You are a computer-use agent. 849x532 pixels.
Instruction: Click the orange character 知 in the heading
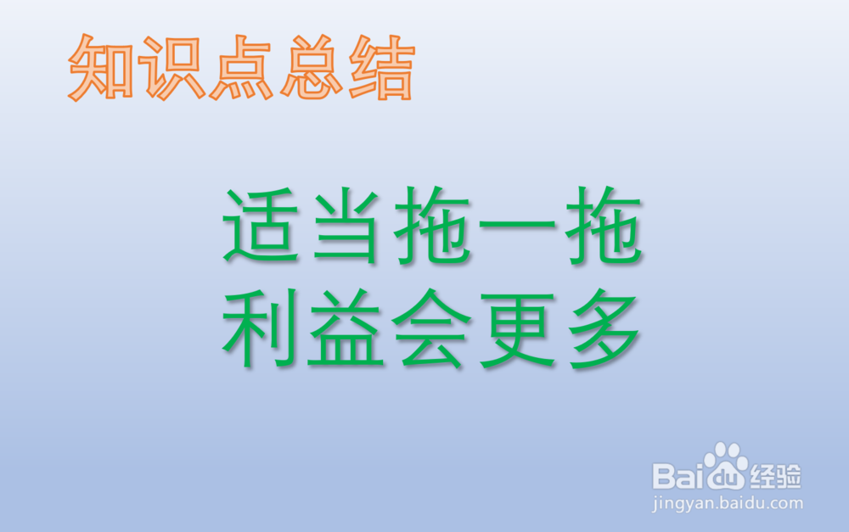click(101, 67)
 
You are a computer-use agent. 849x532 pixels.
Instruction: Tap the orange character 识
click(171, 67)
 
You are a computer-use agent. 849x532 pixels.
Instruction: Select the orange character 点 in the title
click(241, 67)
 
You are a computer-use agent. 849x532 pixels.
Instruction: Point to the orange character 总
click(312, 67)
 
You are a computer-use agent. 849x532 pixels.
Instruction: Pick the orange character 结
click(382, 67)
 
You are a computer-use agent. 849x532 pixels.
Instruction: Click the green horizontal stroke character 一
click(518, 223)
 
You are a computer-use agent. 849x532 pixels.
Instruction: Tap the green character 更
click(518, 328)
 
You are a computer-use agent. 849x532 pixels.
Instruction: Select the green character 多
click(604, 328)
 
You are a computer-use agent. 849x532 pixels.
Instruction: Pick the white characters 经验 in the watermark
click(775, 476)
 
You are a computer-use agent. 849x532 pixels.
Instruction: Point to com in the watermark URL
click(785, 504)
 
